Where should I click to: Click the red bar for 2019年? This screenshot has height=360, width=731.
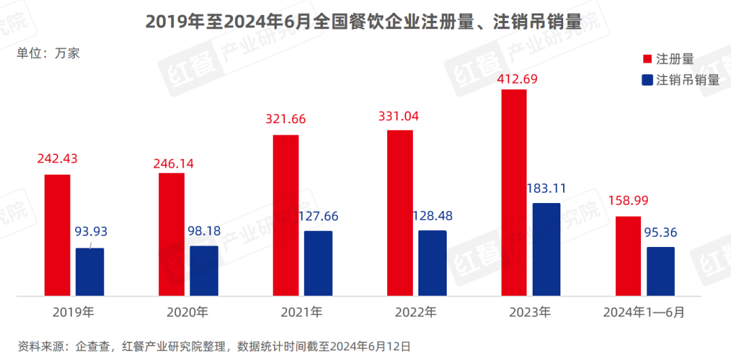pos(58,235)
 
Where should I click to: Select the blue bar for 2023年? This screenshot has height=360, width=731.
pos(546,249)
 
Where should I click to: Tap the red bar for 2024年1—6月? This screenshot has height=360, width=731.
pos(628,256)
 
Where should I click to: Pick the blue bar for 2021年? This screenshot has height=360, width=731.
pos(318,263)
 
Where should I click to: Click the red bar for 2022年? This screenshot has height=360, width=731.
pos(400,212)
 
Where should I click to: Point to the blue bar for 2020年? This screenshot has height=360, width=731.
pos(204,271)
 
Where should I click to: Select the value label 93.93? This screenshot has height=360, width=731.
pos(91,231)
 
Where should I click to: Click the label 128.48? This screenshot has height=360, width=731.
pos(432,216)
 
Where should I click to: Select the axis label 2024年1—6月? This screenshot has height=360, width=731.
pos(644,313)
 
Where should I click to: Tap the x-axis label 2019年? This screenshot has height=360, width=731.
pos(73,313)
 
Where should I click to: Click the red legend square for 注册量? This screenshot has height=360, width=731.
pos(647,60)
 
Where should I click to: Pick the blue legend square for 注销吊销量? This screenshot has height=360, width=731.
pos(647,80)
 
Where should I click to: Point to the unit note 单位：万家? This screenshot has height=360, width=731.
pos(48,53)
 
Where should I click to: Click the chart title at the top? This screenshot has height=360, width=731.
pos(363,22)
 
